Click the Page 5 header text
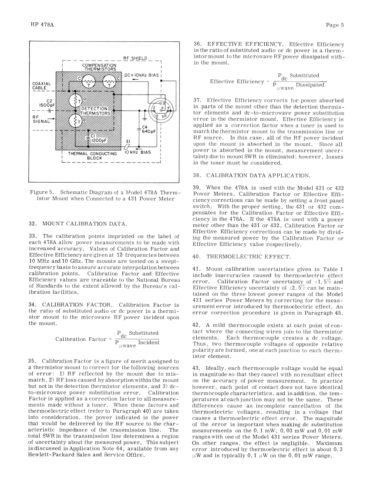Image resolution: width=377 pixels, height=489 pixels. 335,25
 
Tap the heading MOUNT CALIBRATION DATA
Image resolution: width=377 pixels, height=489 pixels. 84,224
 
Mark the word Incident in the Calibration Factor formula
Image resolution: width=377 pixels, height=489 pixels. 148,343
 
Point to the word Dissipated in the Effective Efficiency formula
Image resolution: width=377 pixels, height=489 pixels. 310,85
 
